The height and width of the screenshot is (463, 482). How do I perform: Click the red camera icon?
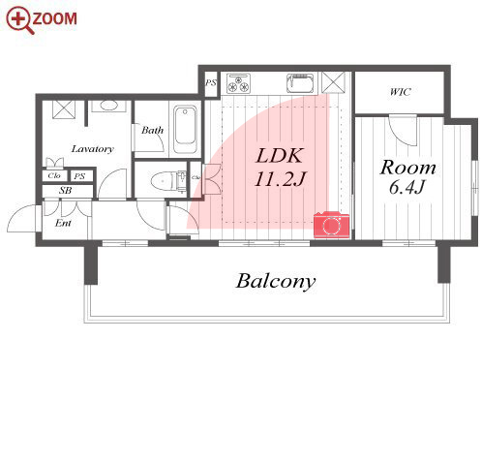(x=331, y=225)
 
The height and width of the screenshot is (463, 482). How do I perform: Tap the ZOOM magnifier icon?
(x=20, y=20)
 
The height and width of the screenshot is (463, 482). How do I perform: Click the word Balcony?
(x=276, y=282)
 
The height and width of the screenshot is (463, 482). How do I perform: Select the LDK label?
(x=280, y=156)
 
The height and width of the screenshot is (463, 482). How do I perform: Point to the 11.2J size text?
(x=280, y=178)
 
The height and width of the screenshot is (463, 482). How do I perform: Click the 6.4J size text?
(x=407, y=187)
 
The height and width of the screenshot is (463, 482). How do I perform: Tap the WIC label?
(x=400, y=92)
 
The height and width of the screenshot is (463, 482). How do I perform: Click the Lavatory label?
(x=93, y=149)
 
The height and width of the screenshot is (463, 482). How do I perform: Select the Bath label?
(x=152, y=130)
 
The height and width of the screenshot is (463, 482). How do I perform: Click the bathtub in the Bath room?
(x=185, y=130)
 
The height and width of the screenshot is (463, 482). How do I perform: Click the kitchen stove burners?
(x=238, y=83)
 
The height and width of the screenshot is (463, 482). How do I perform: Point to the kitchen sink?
(x=300, y=83)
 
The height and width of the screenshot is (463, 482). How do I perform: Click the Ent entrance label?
(x=63, y=223)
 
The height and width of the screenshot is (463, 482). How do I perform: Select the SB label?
(x=65, y=191)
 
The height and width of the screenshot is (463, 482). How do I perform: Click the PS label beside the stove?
(x=211, y=83)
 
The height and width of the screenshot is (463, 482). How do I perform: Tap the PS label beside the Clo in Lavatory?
(x=79, y=176)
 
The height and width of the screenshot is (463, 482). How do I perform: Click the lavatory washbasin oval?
(x=108, y=106)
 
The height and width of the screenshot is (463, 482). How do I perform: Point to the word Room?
(x=407, y=168)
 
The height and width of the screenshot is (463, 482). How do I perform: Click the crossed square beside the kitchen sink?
(x=333, y=83)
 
